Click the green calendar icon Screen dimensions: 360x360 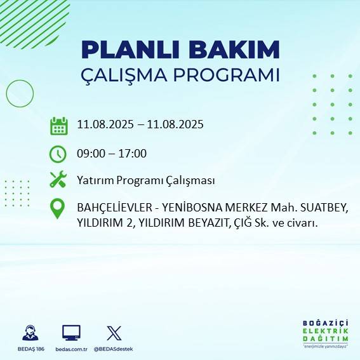[x=58, y=125]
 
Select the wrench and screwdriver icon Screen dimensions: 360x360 [x=58, y=180]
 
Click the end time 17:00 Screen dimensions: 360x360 [x=133, y=153]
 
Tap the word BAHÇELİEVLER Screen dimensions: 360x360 [x=116, y=208]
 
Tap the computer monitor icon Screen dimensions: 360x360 [x=71, y=333]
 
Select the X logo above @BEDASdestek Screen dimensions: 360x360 [x=114, y=333]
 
